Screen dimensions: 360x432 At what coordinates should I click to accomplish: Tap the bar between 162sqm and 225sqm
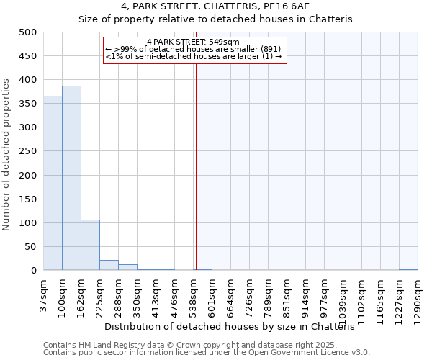pyautogui.click(x=90, y=245)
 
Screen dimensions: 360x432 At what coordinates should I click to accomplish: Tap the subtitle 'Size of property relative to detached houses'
pyautogui.click(x=215, y=19)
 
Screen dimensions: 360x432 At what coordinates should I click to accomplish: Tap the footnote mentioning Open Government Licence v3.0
pyautogui.click(x=207, y=353)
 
